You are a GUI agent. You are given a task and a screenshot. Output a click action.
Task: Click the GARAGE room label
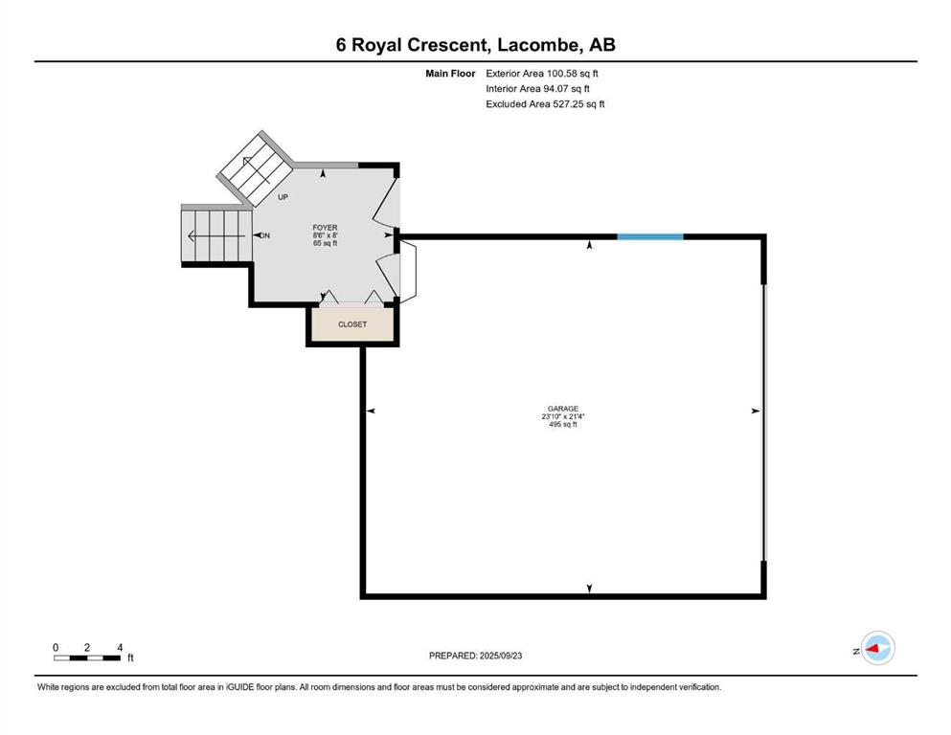563,409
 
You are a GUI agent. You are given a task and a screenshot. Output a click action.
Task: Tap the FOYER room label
325,227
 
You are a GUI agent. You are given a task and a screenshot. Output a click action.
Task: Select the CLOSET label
352,324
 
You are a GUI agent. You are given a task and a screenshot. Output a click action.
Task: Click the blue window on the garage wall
650,237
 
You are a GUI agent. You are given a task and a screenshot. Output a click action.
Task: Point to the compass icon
877,648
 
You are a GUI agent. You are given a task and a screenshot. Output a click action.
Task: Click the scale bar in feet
87,657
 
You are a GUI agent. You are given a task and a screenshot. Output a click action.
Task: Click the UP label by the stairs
283,197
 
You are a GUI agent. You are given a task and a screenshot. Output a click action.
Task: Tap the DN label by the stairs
265,235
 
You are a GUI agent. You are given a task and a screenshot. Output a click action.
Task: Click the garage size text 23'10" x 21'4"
563,416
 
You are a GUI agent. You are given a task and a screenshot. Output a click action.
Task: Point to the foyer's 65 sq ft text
325,243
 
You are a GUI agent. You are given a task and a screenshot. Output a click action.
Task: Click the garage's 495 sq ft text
563,424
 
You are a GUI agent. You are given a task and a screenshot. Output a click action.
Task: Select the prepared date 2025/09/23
501,656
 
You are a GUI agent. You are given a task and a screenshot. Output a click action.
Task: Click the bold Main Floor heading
450,74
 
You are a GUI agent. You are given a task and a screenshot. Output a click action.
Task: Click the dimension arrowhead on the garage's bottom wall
589,589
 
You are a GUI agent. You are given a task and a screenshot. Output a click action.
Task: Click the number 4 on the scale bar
120,647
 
